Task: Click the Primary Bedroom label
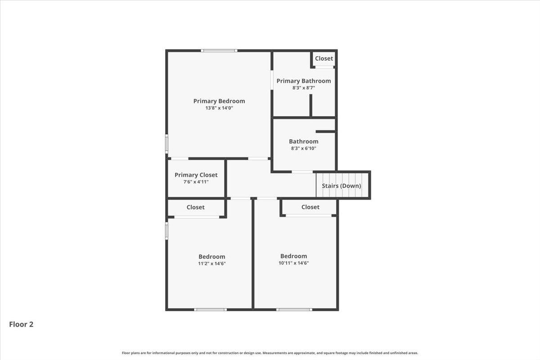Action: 219,101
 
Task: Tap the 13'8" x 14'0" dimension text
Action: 219,108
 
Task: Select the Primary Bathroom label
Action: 303,81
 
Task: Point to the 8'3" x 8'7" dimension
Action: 303,88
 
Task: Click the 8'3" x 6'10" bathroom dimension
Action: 303,148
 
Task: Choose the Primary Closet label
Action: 196,175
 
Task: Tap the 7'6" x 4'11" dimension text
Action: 196,182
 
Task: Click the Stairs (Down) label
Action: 341,186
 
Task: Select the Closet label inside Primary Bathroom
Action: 324,58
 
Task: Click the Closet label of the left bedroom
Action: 195,207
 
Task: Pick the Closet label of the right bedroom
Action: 310,207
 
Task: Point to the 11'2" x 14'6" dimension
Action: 211,264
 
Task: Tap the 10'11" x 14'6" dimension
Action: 293,263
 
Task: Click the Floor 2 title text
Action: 21,324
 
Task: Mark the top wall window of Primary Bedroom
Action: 219,50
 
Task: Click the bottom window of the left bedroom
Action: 210,310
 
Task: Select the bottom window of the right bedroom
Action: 294,310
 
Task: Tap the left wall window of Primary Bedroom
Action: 166,144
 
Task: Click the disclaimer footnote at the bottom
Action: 270,353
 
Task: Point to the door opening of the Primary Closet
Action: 180,158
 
